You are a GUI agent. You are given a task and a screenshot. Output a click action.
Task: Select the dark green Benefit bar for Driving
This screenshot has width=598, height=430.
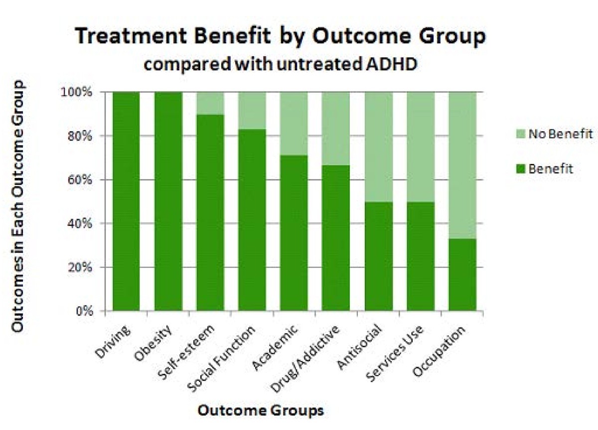pos(127,202)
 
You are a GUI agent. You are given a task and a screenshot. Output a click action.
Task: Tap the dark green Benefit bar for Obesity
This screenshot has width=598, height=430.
pos(168,202)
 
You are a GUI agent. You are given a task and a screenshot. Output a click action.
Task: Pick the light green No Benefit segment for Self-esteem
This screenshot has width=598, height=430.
pos(210,104)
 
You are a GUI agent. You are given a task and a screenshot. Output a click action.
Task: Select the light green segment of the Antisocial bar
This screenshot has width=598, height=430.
pos(378,147)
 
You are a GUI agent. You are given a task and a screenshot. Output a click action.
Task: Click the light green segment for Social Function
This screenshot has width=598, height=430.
pos(252,111)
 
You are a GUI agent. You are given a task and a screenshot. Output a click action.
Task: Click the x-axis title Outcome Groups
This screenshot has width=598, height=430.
pos(261,411)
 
